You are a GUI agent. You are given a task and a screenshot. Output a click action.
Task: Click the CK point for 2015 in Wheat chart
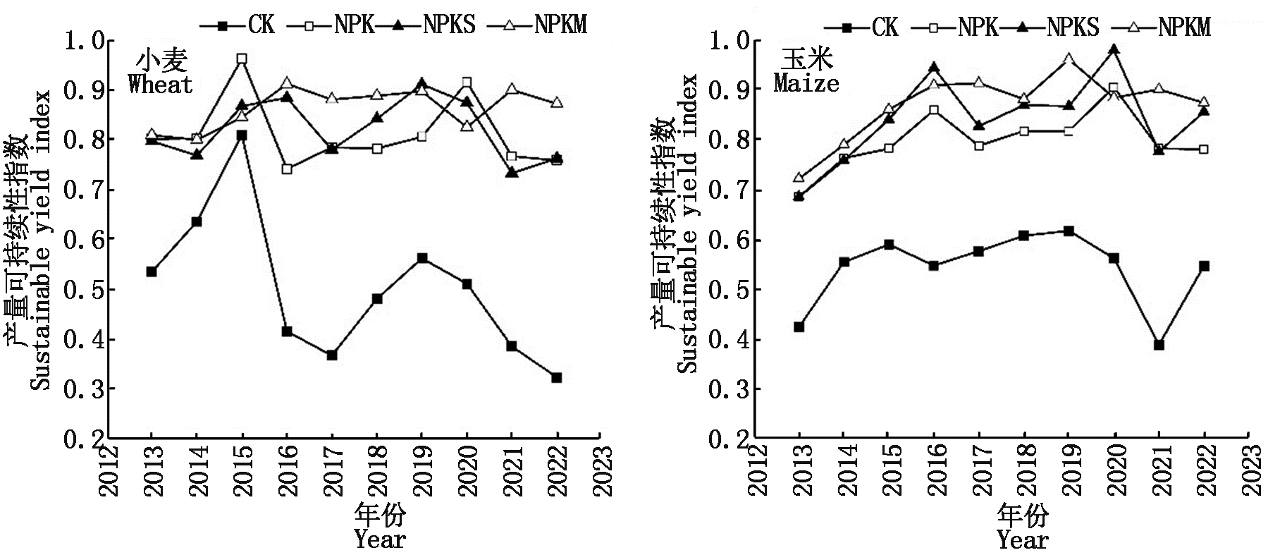tap(242, 135)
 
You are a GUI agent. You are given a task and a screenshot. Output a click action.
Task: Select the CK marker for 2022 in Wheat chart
tap(557, 378)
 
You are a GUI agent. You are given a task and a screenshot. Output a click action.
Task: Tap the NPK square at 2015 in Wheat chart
tap(242, 59)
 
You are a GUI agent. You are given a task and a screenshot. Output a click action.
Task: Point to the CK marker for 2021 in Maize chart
tap(1159, 345)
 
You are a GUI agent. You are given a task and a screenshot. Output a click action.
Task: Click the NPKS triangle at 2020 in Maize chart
tap(1114, 49)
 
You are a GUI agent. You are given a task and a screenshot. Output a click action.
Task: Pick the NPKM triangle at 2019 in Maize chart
tap(1069, 59)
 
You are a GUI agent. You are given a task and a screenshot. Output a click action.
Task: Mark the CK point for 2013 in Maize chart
tap(799, 327)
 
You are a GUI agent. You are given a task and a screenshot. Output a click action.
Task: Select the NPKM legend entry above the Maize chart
tap(1184, 28)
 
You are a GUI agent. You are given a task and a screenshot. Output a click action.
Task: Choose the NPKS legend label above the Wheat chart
tap(449, 25)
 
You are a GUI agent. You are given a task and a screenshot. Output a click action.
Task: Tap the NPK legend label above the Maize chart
tap(978, 28)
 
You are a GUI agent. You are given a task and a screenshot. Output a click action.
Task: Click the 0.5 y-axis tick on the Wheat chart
tap(84, 290)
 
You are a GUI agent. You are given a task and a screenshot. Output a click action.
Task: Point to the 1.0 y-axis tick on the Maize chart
tap(729, 40)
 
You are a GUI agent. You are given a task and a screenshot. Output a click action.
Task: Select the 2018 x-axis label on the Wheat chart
tap(377, 470)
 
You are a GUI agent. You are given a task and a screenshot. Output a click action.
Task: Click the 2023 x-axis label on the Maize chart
tap(1250, 470)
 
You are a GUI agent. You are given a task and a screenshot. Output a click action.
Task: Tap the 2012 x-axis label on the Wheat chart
tap(107, 470)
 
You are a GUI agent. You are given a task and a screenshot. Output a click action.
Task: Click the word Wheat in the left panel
tap(160, 85)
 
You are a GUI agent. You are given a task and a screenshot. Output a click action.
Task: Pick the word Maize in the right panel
tap(806, 84)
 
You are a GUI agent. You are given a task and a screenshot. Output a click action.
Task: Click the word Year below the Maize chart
tap(1022, 541)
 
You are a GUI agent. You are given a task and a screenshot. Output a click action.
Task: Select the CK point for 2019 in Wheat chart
tap(422, 258)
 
